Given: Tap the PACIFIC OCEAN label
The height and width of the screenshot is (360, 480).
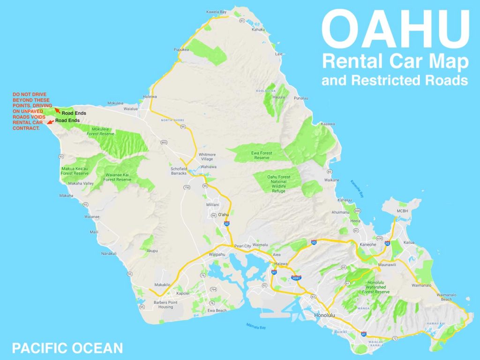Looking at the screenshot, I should pyautogui.click(x=67, y=348).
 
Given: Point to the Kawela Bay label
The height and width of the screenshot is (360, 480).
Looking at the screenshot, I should pyautogui.click(x=218, y=12).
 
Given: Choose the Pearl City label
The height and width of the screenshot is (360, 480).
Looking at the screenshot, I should pyautogui.click(x=242, y=246).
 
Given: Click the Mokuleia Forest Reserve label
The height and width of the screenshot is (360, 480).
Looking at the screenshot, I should pyautogui.click(x=100, y=131).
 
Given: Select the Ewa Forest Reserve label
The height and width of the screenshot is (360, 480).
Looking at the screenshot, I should pyautogui.click(x=262, y=155).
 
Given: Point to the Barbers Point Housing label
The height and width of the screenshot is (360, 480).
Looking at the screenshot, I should pyautogui.click(x=166, y=305).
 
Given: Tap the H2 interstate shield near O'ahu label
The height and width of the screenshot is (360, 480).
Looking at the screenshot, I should pyautogui.click(x=227, y=224).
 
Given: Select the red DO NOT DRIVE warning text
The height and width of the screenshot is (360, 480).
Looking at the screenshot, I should pyautogui.click(x=29, y=111).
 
